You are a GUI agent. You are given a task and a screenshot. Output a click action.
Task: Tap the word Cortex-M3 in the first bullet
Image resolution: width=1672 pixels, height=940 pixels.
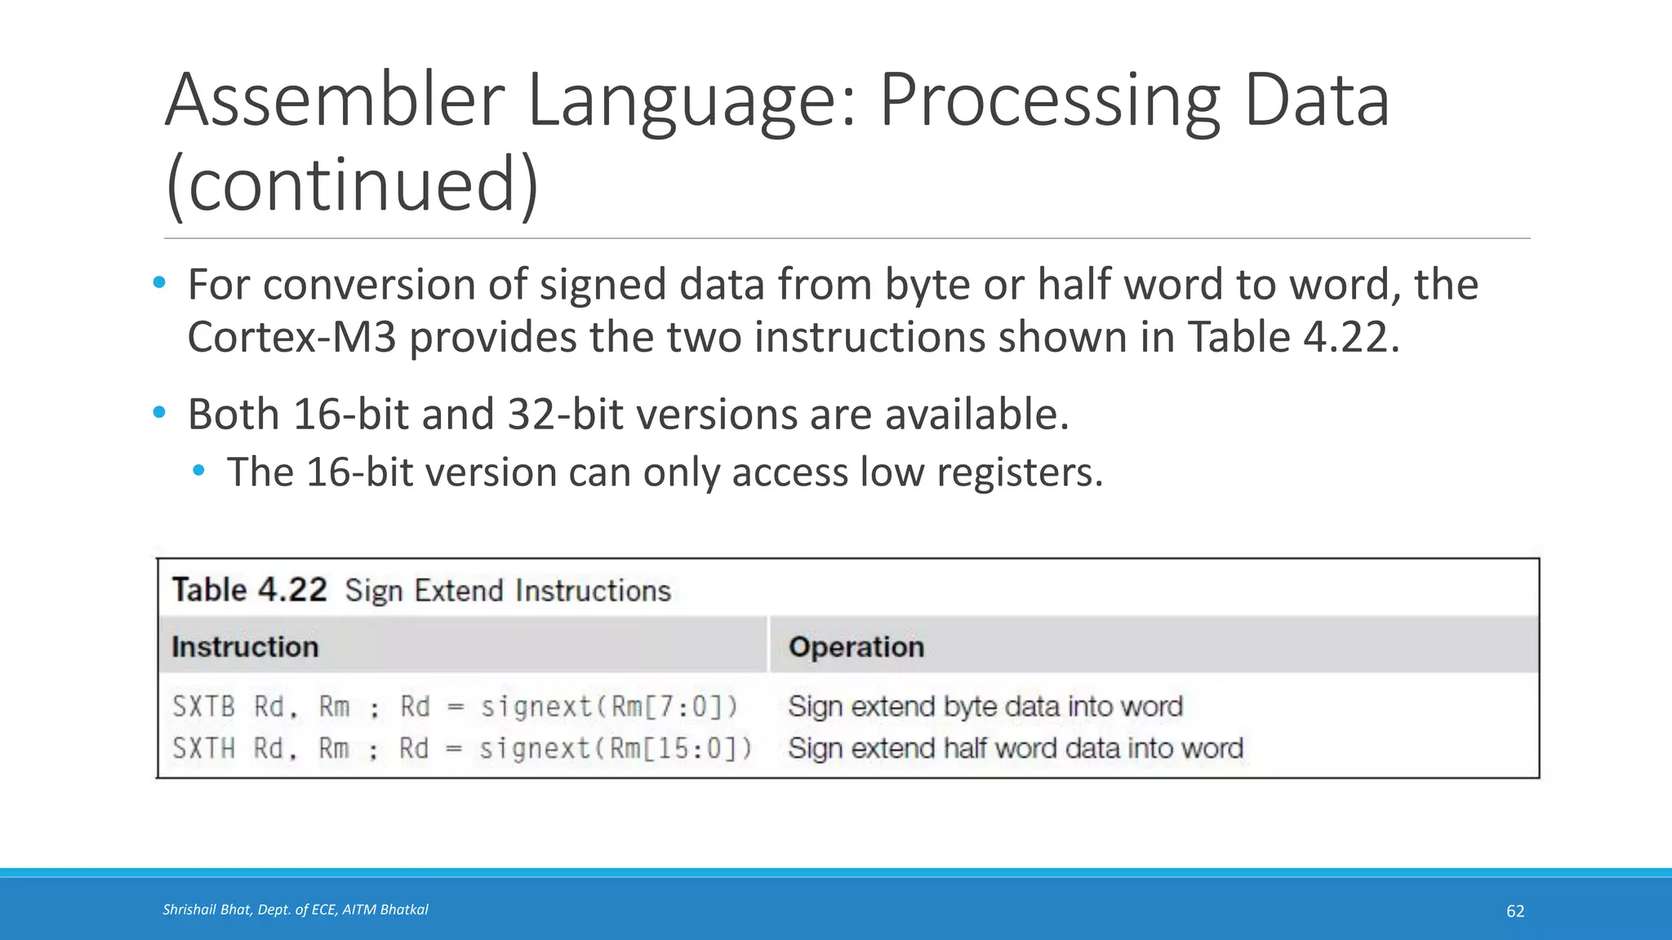click(x=291, y=337)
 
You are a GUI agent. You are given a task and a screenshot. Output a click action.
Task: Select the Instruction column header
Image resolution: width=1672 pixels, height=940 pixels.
click(x=245, y=647)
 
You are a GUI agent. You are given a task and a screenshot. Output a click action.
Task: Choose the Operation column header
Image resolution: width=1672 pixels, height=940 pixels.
click(x=856, y=647)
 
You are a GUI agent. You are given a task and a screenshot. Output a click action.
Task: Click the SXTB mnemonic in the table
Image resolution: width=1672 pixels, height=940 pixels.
click(x=203, y=707)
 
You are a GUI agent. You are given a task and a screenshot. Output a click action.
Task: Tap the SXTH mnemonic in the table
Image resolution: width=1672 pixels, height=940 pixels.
click(x=203, y=748)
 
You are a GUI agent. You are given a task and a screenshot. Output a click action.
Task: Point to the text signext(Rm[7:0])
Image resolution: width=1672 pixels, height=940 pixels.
click(x=609, y=707)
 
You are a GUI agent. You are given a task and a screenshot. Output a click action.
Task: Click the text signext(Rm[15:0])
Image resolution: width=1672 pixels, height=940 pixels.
click(x=616, y=748)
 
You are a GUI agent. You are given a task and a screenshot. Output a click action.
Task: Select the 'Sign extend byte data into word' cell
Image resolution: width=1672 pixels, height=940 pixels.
click(x=985, y=707)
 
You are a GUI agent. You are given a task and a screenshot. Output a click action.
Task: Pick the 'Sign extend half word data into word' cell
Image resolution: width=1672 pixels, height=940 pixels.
click(x=1015, y=748)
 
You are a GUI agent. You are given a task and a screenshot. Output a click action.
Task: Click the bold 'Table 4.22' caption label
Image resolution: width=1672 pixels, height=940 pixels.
click(x=249, y=590)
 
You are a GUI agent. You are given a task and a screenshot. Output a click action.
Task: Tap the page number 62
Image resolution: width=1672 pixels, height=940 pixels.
click(x=1514, y=911)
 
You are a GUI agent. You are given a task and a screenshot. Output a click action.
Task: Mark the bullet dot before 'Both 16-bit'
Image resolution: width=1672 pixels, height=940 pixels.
click(x=159, y=413)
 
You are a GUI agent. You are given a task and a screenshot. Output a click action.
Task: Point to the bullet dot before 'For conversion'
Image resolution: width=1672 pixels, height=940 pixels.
click(x=159, y=283)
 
